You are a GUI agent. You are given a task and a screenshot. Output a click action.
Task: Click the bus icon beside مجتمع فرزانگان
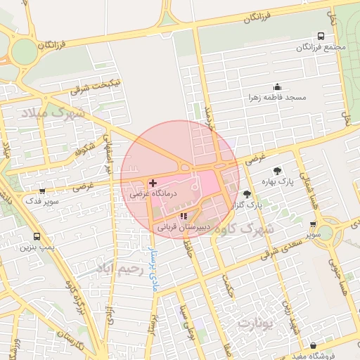321,36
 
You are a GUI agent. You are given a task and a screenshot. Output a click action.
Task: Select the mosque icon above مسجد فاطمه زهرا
276,87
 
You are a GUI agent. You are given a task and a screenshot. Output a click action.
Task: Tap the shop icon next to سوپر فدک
42,191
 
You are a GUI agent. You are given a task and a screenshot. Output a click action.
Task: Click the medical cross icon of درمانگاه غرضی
153,182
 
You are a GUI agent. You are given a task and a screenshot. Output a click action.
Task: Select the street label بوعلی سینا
187,321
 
